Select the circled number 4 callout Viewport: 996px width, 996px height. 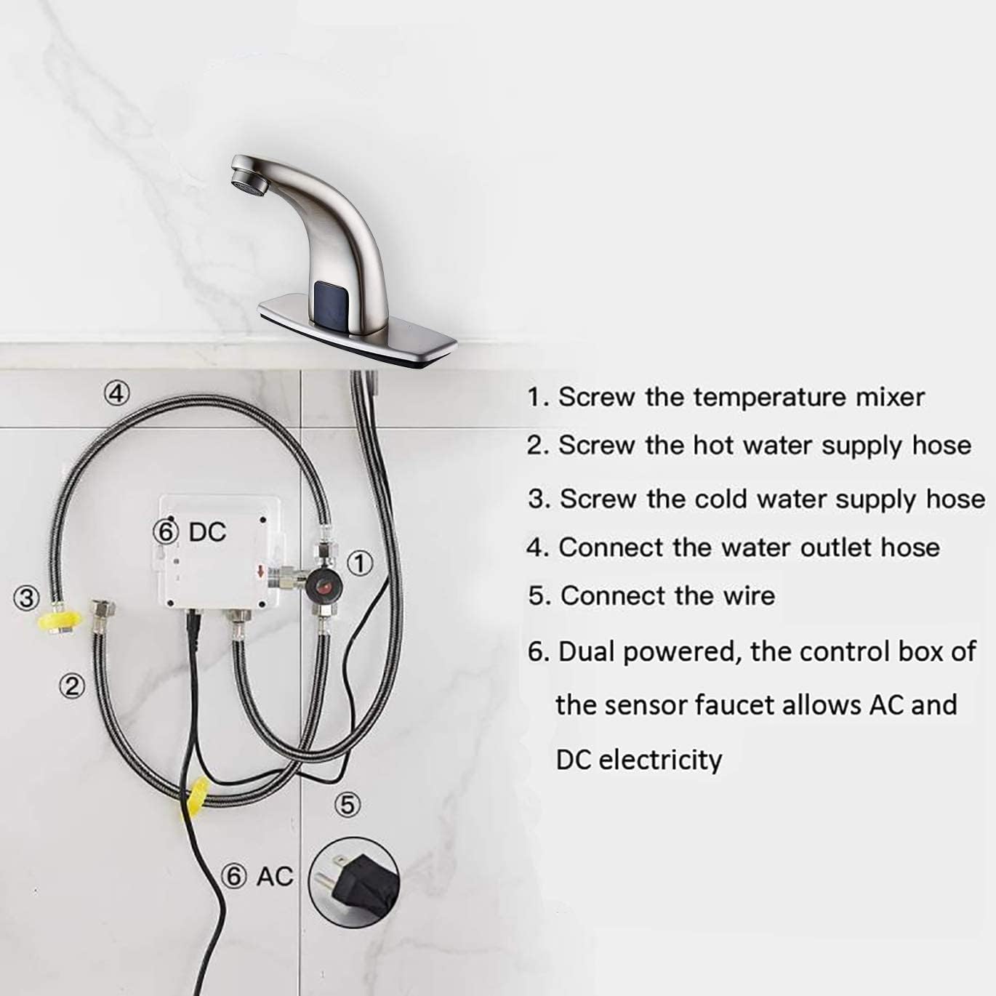click(x=116, y=393)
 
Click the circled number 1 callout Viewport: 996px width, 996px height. click(x=358, y=563)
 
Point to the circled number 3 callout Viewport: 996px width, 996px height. click(x=27, y=598)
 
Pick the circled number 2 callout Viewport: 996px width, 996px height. click(x=71, y=686)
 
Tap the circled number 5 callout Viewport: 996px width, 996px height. click(x=348, y=804)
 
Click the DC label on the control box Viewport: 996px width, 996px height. click(x=207, y=532)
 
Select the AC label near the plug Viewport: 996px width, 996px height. click(x=274, y=877)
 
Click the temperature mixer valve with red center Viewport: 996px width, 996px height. click(x=324, y=585)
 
